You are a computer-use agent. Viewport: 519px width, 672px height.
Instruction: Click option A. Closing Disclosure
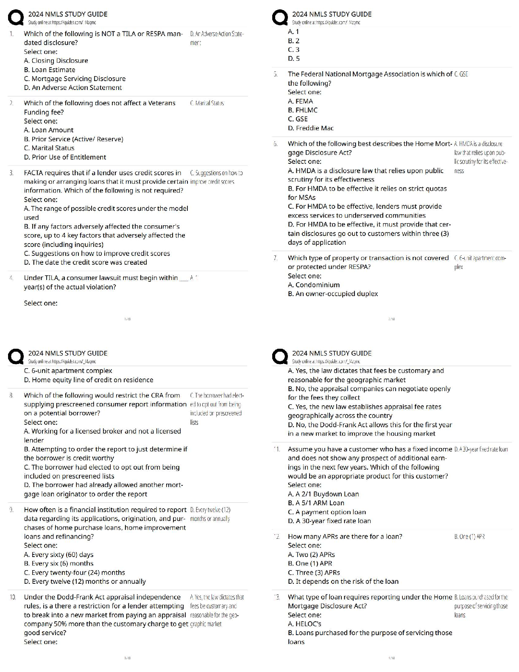(x=56, y=61)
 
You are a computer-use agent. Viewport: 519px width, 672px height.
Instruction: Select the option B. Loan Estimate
(x=50, y=70)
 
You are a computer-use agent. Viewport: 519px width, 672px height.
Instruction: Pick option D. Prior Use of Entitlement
(x=65, y=157)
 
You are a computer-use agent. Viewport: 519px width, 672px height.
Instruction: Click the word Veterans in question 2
(x=162, y=103)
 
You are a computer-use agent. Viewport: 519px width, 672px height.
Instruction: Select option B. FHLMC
(x=302, y=110)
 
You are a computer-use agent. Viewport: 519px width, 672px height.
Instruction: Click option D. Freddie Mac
(x=310, y=128)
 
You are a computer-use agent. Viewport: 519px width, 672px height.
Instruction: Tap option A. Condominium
(x=314, y=285)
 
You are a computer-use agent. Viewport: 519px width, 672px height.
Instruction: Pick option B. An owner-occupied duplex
(x=333, y=294)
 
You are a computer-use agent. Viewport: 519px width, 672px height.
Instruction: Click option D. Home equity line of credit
(x=89, y=380)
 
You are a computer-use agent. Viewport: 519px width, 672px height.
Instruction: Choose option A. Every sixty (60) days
(x=59, y=554)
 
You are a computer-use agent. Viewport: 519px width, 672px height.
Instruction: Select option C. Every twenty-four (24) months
(x=75, y=572)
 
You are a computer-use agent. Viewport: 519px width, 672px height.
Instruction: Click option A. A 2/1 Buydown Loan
(x=323, y=494)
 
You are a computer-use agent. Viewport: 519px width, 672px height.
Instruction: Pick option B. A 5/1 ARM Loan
(x=316, y=503)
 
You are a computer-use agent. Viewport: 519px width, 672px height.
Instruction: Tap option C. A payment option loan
(x=326, y=512)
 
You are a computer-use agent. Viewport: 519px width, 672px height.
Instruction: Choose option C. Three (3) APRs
(x=314, y=572)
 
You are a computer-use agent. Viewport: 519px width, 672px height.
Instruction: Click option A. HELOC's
(x=304, y=624)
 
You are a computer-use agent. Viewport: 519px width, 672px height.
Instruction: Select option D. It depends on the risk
(x=343, y=581)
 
